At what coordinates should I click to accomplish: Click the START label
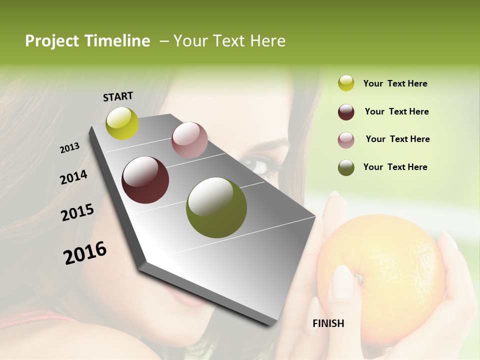(118, 96)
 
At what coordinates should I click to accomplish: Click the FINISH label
(328, 323)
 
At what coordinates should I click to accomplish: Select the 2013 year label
(70, 148)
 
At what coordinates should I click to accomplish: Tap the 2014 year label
(74, 177)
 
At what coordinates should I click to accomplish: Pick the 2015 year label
(77, 212)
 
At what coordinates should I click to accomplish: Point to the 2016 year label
(85, 252)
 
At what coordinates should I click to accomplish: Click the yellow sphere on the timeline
(122, 123)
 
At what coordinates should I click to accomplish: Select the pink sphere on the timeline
(189, 140)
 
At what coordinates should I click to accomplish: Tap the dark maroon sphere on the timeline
(145, 180)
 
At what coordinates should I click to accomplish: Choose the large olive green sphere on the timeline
(216, 207)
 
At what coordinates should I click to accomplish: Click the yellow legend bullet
(346, 83)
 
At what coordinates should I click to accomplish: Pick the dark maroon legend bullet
(346, 112)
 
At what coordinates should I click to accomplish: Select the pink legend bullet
(346, 139)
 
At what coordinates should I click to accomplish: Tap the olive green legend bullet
(346, 167)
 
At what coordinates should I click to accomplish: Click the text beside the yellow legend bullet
(395, 84)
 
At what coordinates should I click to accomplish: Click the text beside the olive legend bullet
(395, 167)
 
